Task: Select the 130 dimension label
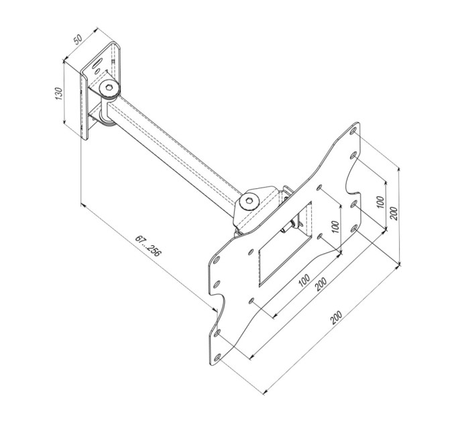click(59, 94)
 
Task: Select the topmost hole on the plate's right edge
click(353, 135)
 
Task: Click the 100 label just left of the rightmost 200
click(380, 202)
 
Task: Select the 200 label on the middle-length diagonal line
click(321, 283)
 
